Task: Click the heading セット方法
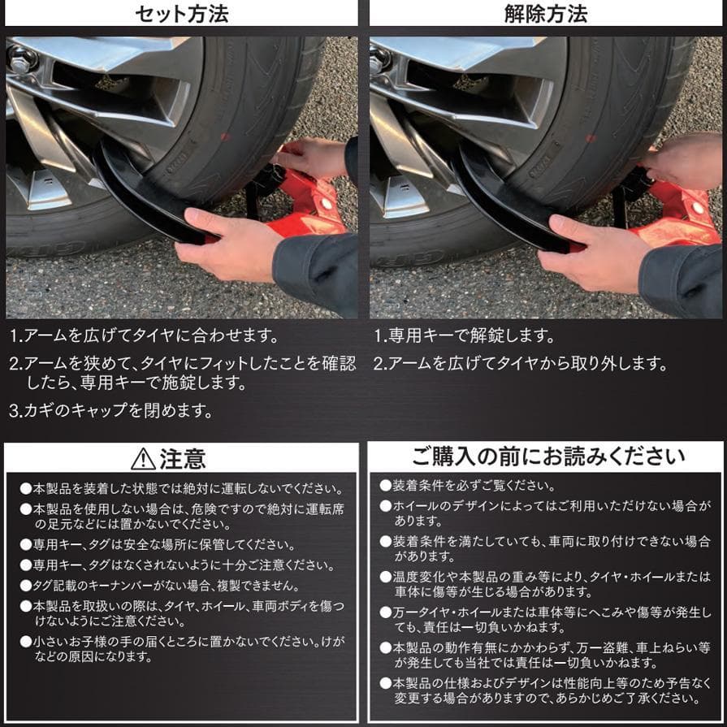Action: pos(181,14)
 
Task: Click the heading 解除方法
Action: pos(545,14)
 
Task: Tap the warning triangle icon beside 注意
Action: pos(143,459)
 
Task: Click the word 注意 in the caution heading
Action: pos(183,459)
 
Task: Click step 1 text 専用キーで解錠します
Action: pos(464,335)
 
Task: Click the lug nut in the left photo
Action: pos(20,58)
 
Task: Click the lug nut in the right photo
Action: pos(379,58)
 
